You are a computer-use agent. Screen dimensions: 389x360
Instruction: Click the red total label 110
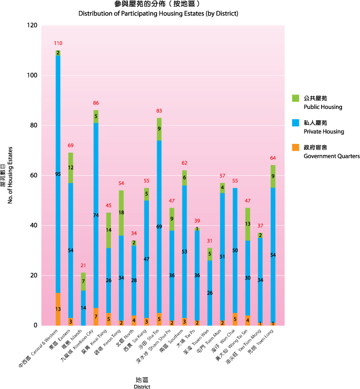58,43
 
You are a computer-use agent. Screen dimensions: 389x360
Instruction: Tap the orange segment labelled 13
58,309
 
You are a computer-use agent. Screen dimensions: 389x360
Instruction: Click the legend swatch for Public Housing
295,98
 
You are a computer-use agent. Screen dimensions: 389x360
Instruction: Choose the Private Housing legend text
324,132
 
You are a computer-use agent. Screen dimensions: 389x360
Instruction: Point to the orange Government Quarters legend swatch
295,147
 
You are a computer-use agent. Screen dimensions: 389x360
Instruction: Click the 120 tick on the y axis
33,26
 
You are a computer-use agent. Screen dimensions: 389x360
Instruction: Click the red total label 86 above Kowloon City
96,103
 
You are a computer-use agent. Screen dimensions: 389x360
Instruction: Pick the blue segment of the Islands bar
83,308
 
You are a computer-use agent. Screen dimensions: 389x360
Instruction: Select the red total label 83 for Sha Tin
159,111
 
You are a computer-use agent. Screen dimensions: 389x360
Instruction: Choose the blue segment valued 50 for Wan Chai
235,250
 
